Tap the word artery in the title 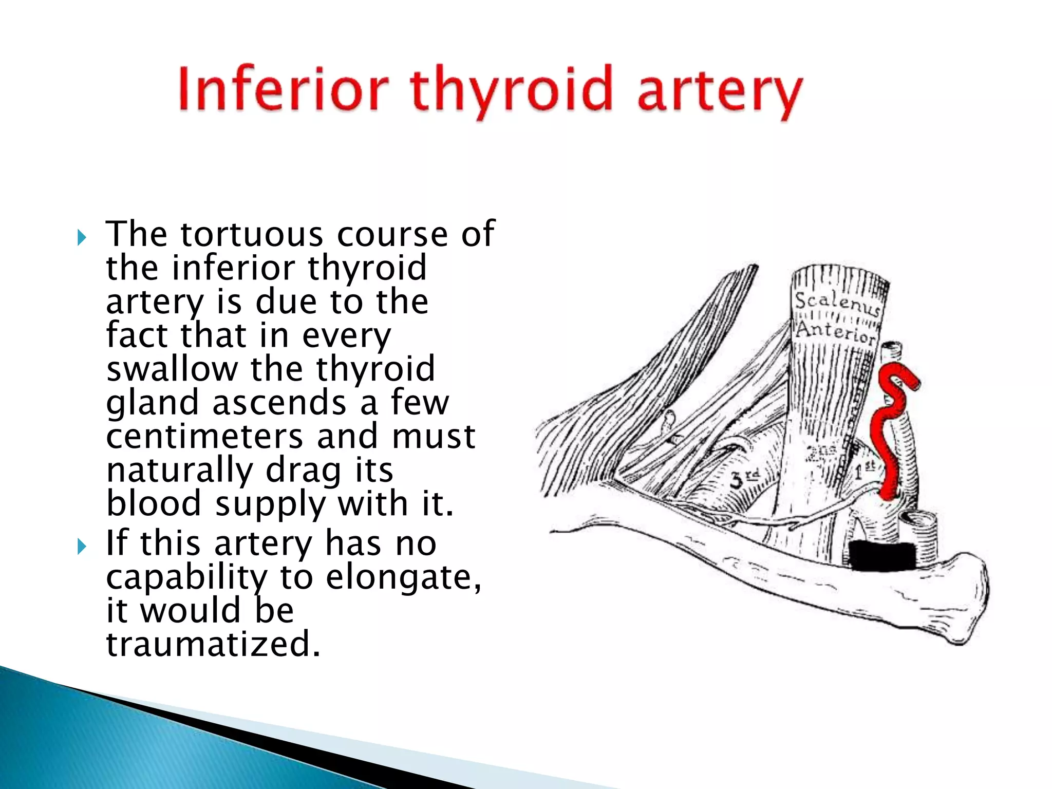click(x=719, y=92)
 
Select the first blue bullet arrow click(x=81, y=238)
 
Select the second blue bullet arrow click(x=81, y=547)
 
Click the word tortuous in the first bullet click(x=252, y=235)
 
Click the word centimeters click(x=204, y=437)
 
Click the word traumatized click(x=213, y=645)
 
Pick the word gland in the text click(x=152, y=403)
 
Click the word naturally click(x=180, y=471)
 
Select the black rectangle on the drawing click(x=881, y=556)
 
